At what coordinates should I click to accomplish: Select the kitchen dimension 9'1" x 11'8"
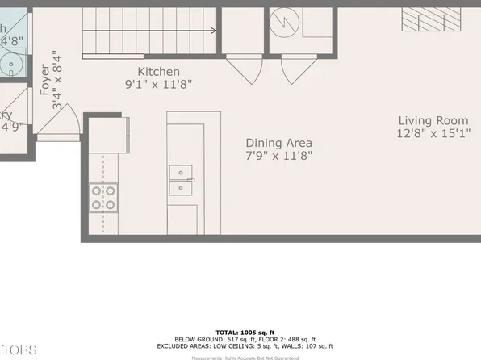pos(158,83)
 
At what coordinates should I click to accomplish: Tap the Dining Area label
pos(278,141)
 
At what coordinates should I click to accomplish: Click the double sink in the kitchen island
pos(181,180)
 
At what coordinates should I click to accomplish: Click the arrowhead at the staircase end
pos(213,31)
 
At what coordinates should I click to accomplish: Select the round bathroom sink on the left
pos(10,65)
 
